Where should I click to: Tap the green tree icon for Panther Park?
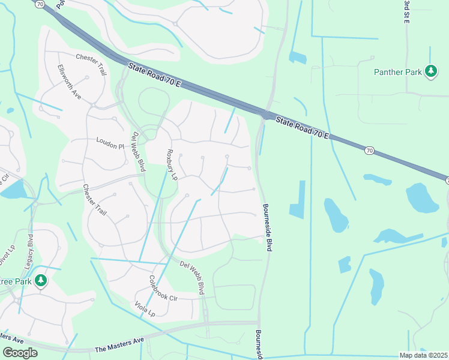tap(430, 71)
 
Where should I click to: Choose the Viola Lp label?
tap(145, 309)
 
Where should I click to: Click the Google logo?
tap(20, 353)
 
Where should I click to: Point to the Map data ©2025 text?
tap(424, 355)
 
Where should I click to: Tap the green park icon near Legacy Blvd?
tap(40, 281)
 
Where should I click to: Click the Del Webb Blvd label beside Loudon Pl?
tap(139, 151)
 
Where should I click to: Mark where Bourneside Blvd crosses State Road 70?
tap(264, 113)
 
